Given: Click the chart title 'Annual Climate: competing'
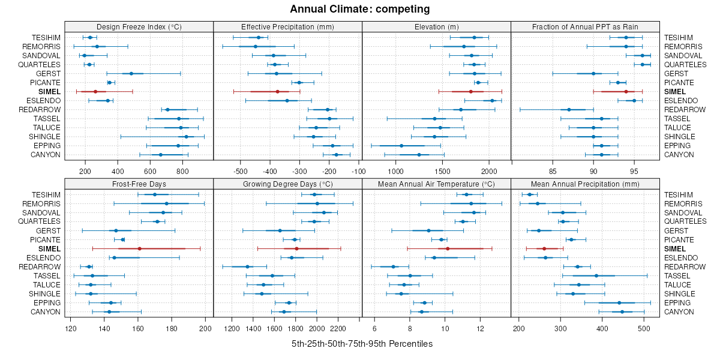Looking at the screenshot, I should coord(359,9).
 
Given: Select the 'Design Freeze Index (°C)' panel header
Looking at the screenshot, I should coord(139,26).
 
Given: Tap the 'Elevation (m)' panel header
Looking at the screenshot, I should coord(436,26).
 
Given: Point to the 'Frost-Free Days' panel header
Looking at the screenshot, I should coord(139,184).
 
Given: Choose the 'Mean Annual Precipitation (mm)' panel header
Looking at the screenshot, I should coord(585,184).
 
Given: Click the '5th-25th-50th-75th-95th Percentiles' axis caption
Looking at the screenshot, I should coord(362,344).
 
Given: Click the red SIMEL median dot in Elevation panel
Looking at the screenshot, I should coord(471,91).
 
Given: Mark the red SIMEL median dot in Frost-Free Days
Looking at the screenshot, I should coord(139,248).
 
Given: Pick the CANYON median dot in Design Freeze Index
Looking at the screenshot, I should coord(161,155).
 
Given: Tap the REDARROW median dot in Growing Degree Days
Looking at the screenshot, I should coord(247,266).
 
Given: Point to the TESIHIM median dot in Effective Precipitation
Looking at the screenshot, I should coord(259,37).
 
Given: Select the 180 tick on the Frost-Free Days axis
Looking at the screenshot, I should coord(172,328).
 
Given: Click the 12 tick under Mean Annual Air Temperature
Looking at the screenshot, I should coord(480,328).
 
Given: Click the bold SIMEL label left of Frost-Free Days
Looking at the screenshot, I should coord(49,248).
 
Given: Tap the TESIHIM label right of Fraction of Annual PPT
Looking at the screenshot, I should coord(679,37).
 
